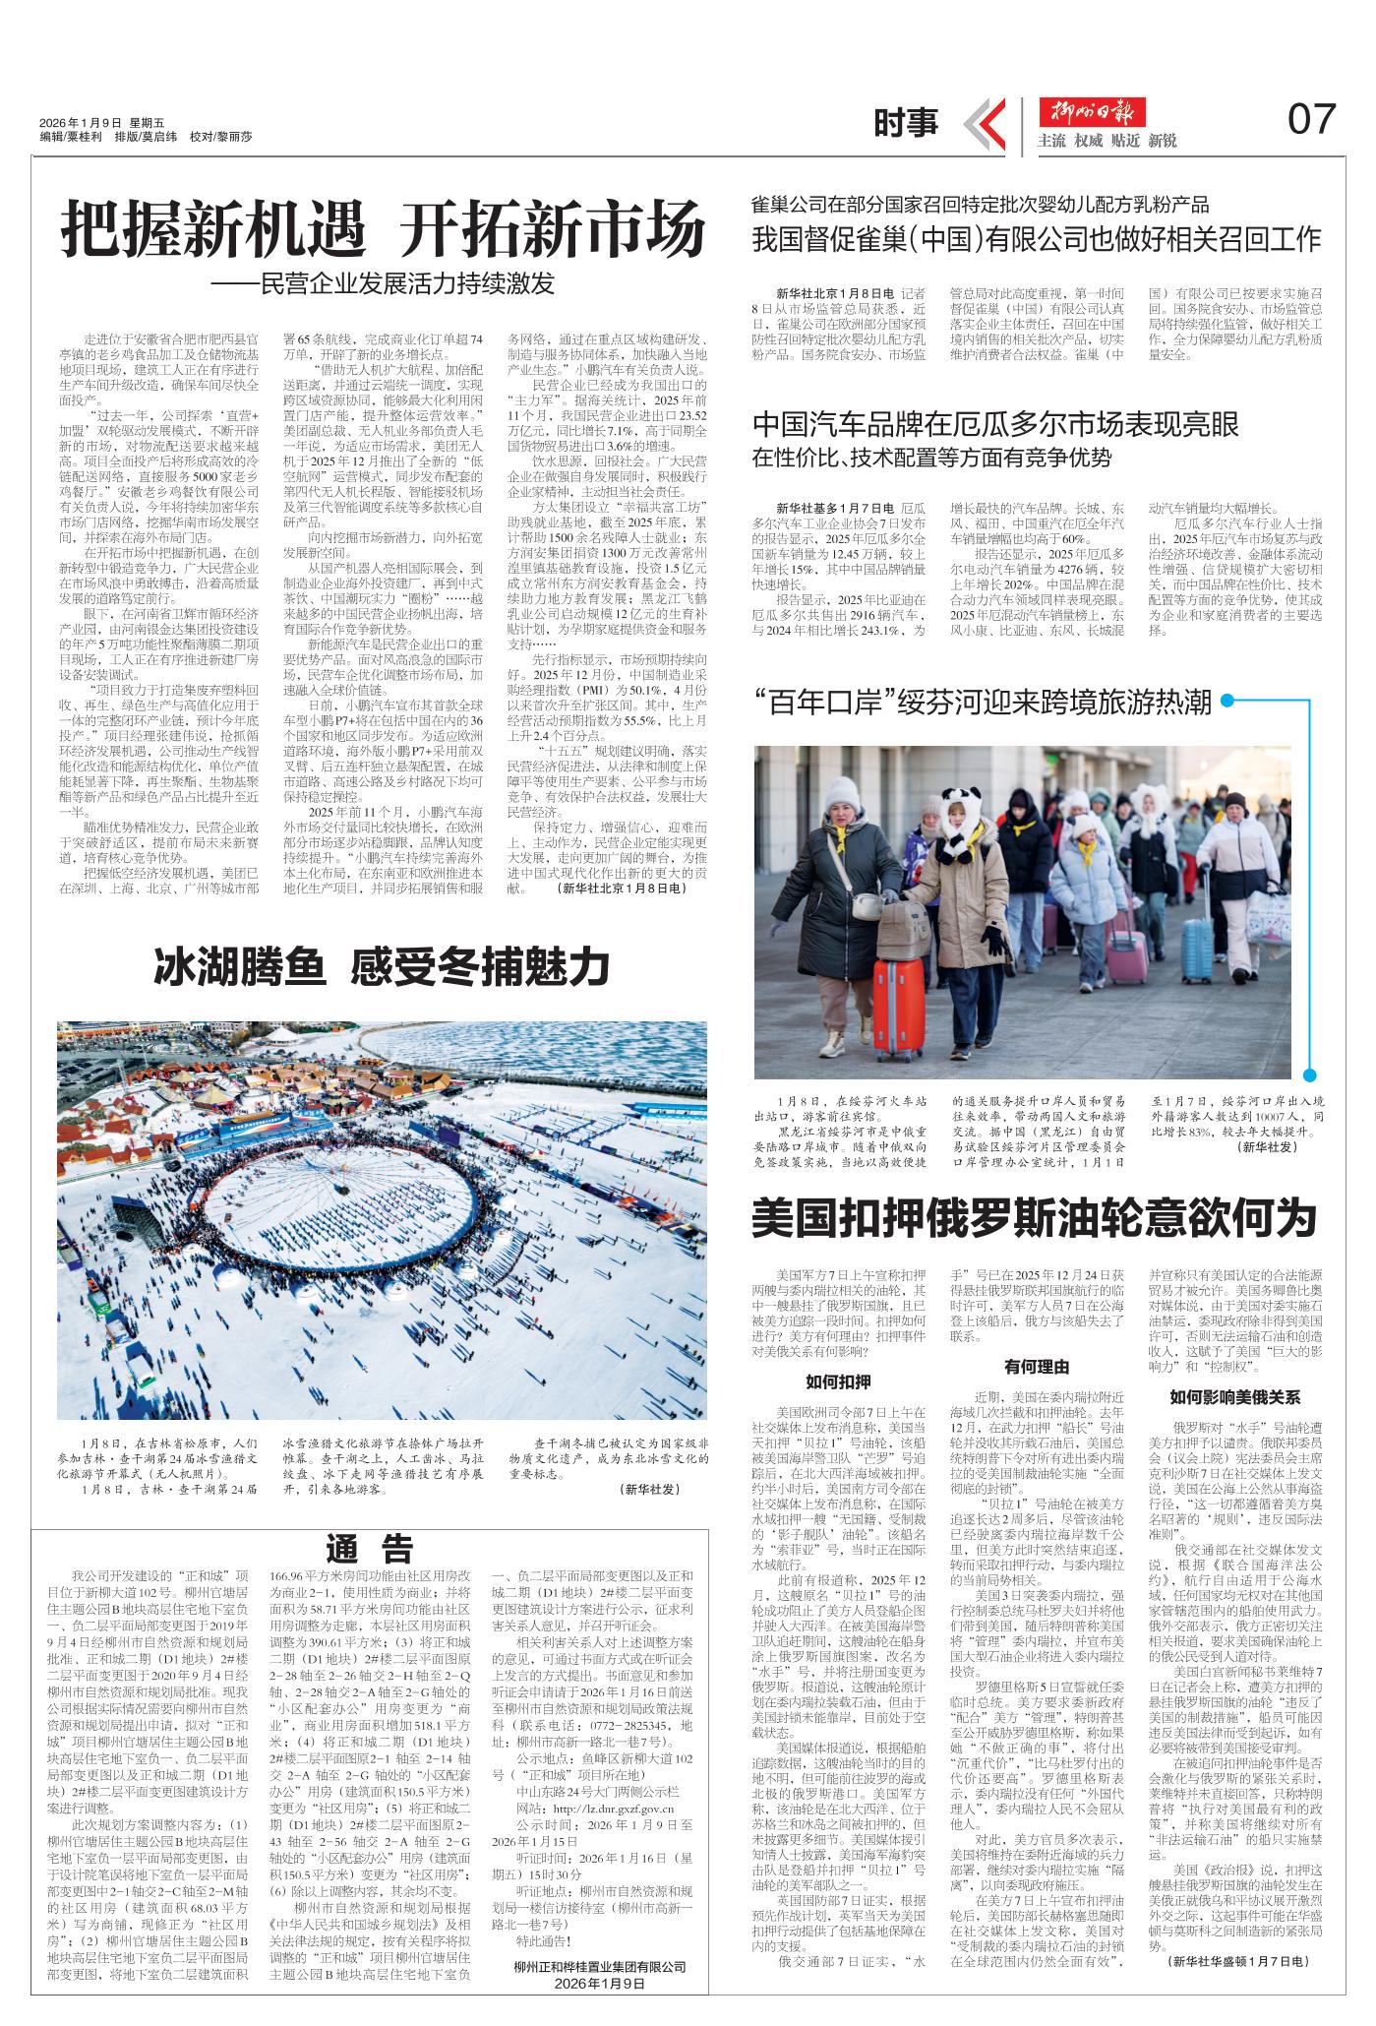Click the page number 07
1311,120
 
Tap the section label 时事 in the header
906,122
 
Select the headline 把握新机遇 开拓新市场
384,230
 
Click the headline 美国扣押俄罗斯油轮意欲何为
1034,1217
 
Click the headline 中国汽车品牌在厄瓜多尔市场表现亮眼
995,424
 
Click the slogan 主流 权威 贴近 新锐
1107,141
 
